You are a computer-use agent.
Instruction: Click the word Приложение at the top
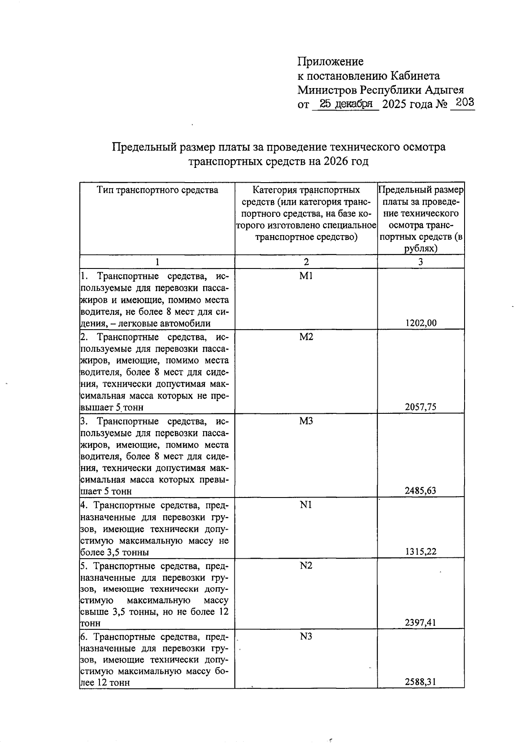(x=330, y=62)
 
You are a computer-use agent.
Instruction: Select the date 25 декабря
(x=346, y=104)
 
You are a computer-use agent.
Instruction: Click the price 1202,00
(x=421, y=323)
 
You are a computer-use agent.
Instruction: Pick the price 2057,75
(x=421, y=407)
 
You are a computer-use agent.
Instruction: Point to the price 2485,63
(x=421, y=491)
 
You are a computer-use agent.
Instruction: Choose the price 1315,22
(x=421, y=552)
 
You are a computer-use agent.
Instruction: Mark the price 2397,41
(x=421, y=623)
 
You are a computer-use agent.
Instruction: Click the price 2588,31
(x=421, y=682)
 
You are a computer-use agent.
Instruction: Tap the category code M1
(x=306, y=276)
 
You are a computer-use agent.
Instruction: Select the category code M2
(x=306, y=337)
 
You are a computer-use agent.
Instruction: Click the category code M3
(x=306, y=421)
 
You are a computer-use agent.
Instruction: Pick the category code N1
(x=306, y=505)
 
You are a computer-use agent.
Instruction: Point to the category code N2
(x=306, y=566)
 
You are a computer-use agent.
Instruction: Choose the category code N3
(x=306, y=637)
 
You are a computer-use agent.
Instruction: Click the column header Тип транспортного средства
(x=157, y=190)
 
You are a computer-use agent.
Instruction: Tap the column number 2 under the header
(x=306, y=262)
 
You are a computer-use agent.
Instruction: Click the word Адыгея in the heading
(x=444, y=90)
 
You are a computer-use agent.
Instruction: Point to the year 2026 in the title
(x=335, y=162)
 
